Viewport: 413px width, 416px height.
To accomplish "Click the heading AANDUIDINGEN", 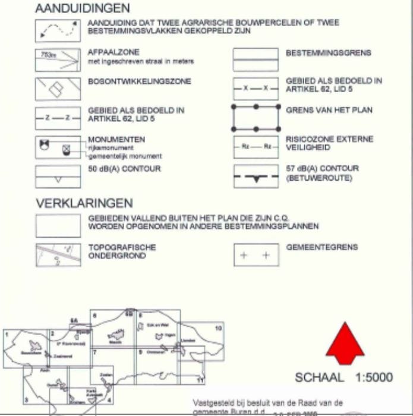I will [x=82, y=8].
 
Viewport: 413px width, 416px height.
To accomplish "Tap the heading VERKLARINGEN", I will [x=84, y=203].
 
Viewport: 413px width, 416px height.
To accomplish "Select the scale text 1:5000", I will [x=374, y=377].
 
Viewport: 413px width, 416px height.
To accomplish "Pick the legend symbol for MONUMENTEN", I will [x=58, y=147].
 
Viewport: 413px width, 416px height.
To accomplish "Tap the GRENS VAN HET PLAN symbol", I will [x=256, y=118].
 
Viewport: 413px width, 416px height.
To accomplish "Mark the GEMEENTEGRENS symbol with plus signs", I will [x=256, y=255].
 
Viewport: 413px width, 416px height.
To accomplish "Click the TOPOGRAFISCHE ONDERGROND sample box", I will [x=58, y=255].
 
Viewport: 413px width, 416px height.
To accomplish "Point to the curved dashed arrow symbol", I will [x=58, y=30].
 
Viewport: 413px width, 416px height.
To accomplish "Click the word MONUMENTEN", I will [x=108, y=140].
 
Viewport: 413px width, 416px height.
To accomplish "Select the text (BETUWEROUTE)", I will [x=319, y=178].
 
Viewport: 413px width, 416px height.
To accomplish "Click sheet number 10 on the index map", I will [x=219, y=327].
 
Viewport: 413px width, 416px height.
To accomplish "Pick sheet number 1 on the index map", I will [x=6, y=334].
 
